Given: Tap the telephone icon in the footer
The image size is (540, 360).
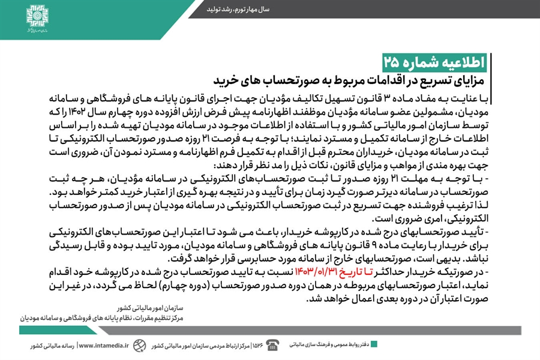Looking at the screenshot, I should pos(272,345).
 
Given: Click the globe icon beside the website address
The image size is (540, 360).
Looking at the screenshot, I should pos(139,346).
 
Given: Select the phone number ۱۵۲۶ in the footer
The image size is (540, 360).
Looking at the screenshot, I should pos(257,346).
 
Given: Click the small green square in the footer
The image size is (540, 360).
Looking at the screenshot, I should pos(374,344).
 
